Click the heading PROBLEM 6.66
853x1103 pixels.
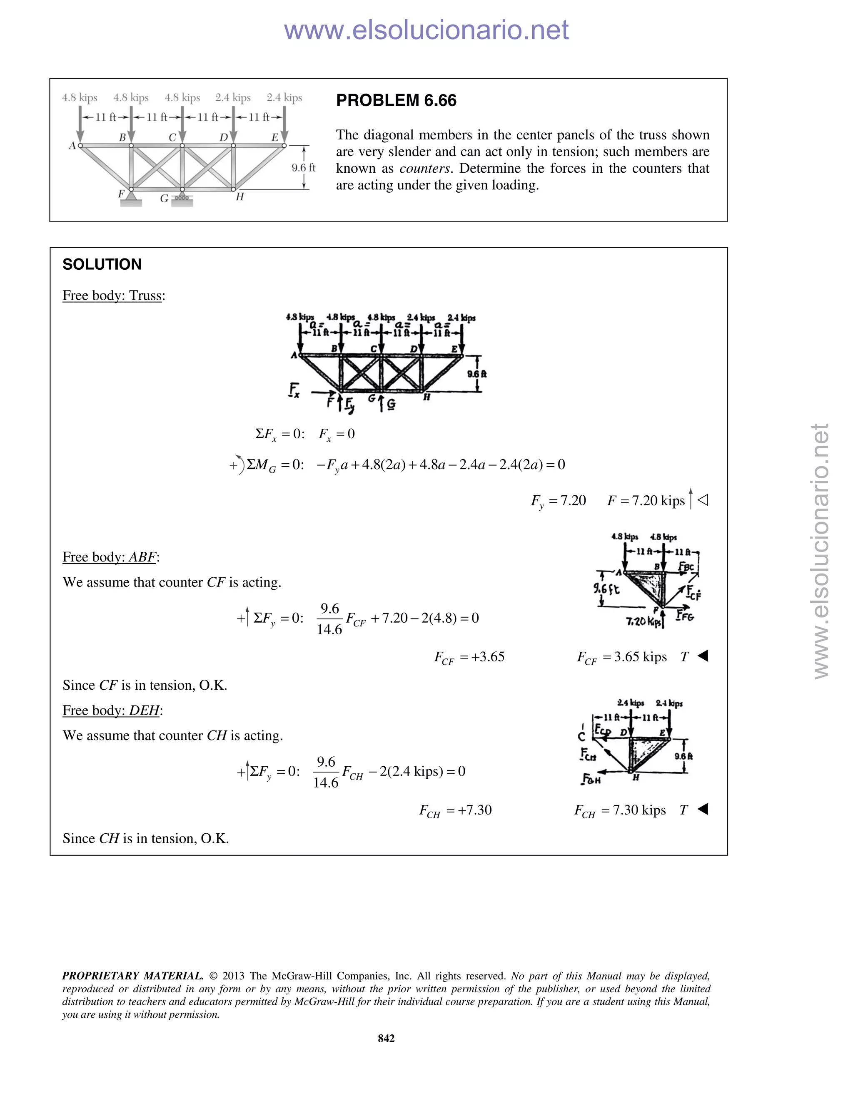396,100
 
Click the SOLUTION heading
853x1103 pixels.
102,264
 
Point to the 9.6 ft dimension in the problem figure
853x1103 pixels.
303,168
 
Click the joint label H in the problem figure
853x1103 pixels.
239,197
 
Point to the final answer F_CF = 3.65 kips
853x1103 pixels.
621,657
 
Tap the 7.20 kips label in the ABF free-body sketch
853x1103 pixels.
642,622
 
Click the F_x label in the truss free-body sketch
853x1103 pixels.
294,390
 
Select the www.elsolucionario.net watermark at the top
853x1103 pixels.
426,30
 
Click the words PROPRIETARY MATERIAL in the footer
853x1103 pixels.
132,976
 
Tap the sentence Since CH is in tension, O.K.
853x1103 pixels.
145,839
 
